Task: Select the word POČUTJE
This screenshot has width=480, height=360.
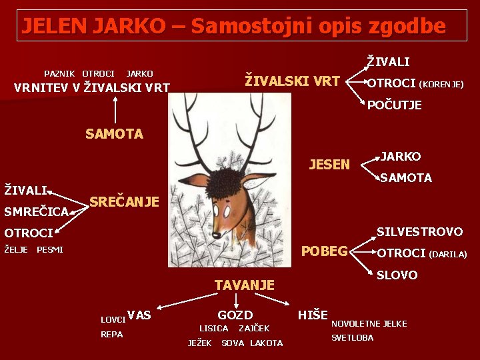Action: tap(395, 105)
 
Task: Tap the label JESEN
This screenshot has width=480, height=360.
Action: tap(329, 165)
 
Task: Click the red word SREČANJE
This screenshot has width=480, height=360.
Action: tap(124, 201)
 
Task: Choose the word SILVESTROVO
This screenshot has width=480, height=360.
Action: tap(419, 232)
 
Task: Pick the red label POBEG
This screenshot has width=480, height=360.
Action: tap(325, 251)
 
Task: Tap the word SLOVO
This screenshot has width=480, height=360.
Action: tap(397, 275)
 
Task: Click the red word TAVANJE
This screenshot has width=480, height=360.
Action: tap(245, 285)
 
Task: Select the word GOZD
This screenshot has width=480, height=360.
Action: tap(235, 315)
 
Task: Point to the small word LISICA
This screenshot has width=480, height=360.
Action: tap(214, 329)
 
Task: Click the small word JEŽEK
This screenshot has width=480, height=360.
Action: tap(200, 343)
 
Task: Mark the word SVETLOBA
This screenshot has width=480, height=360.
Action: tap(353, 338)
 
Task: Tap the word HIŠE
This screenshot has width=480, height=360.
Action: tap(313, 315)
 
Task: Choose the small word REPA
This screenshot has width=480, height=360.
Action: tap(111, 334)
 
